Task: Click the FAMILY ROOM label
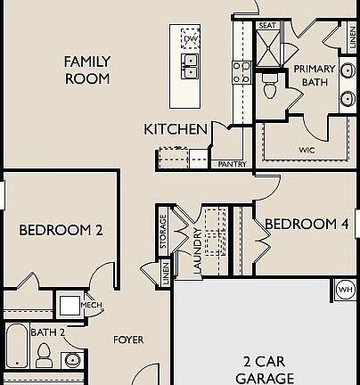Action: point(87,70)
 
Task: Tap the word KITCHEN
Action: point(176,129)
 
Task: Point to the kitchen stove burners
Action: point(241,71)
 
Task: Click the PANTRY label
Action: point(228,165)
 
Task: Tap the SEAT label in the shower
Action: point(267,26)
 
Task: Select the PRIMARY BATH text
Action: point(313,75)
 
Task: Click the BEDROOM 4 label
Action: point(307,224)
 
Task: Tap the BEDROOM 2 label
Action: point(61,229)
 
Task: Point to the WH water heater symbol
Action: point(346,289)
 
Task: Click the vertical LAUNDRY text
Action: point(196,250)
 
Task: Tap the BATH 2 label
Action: point(48,332)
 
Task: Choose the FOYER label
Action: point(128,340)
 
